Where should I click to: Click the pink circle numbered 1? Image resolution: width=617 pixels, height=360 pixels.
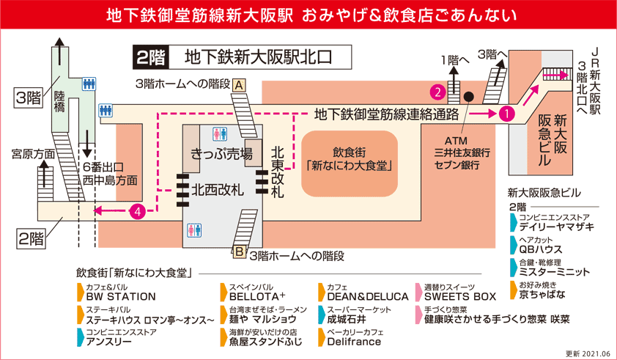coord(506,114)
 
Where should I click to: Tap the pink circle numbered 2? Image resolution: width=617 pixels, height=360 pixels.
coord(437,92)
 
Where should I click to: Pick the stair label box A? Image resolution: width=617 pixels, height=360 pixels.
coord(239,85)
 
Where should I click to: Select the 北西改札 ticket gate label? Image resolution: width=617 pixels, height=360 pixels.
coord(218,190)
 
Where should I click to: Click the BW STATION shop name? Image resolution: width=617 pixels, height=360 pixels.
coord(121,297)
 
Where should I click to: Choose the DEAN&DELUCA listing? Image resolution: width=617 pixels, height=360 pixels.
coord(367,297)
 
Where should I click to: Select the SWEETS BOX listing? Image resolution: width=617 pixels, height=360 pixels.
coord(459,297)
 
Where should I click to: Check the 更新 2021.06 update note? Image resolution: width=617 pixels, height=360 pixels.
coord(588,353)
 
